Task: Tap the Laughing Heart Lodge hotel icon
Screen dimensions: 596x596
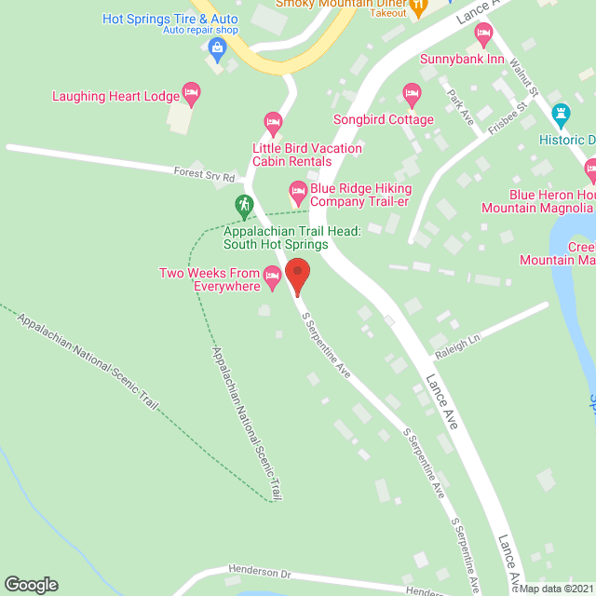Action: coord(191,91)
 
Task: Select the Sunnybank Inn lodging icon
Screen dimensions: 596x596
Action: coord(483,35)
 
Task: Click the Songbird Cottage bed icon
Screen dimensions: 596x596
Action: coord(412,93)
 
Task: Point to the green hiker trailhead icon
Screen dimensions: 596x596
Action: coord(243,203)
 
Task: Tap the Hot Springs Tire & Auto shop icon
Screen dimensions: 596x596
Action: coord(217,47)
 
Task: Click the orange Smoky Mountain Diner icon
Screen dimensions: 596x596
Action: coord(418,7)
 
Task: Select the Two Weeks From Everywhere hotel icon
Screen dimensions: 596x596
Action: coord(272,275)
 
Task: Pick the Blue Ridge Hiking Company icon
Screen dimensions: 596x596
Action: coord(298,195)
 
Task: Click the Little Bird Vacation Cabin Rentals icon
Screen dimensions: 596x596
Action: coord(273,121)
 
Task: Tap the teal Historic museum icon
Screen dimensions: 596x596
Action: coord(561,115)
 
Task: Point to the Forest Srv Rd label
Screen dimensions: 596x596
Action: coord(203,174)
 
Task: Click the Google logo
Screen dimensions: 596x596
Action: coord(30,584)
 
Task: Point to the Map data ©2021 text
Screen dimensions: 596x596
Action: coord(555,589)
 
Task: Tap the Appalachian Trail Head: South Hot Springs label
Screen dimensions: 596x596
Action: coord(276,237)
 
